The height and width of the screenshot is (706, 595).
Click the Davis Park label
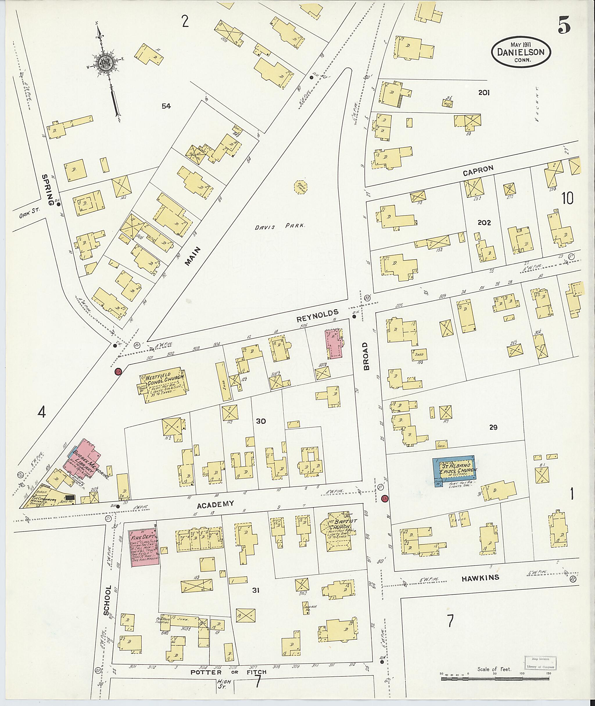tap(280, 227)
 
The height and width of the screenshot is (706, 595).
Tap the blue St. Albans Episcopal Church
tap(454, 471)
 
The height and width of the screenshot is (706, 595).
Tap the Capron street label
tap(478, 170)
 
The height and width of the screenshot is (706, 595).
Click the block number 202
tap(484, 223)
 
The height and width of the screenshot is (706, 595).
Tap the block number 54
tap(166, 106)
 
